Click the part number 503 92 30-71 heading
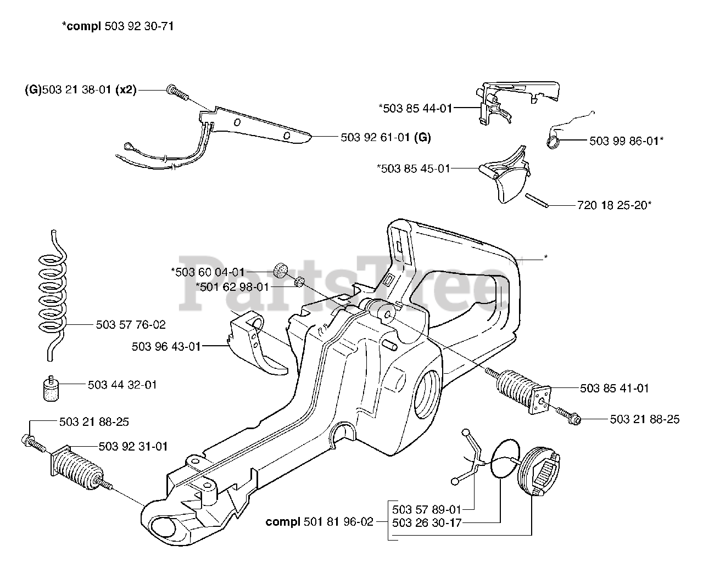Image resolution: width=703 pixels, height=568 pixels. [x=139, y=26]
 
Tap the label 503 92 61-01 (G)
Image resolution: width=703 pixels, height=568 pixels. [x=386, y=137]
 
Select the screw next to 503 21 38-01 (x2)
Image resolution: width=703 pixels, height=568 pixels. [x=177, y=92]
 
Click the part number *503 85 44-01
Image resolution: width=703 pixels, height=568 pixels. [x=415, y=108]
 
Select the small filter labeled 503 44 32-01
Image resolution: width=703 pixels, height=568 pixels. [x=51, y=389]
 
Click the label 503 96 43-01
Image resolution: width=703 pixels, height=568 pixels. [x=166, y=347]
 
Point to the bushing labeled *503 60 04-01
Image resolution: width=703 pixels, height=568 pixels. [x=281, y=271]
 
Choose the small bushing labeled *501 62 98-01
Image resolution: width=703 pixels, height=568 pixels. [x=299, y=282]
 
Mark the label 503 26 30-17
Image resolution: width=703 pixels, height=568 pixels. [x=426, y=523]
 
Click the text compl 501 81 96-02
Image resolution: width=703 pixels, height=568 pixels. [x=320, y=522]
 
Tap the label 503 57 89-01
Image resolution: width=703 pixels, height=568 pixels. [x=426, y=510]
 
